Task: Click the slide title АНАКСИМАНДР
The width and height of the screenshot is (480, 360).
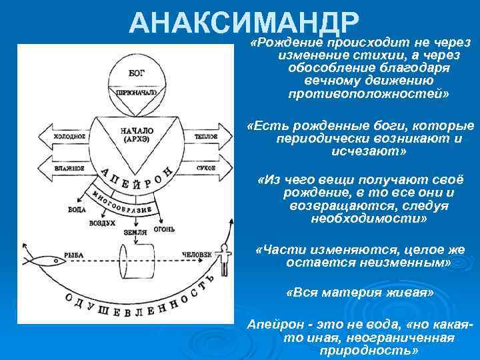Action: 244,23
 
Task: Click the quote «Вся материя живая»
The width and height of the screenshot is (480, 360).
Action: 359,292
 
